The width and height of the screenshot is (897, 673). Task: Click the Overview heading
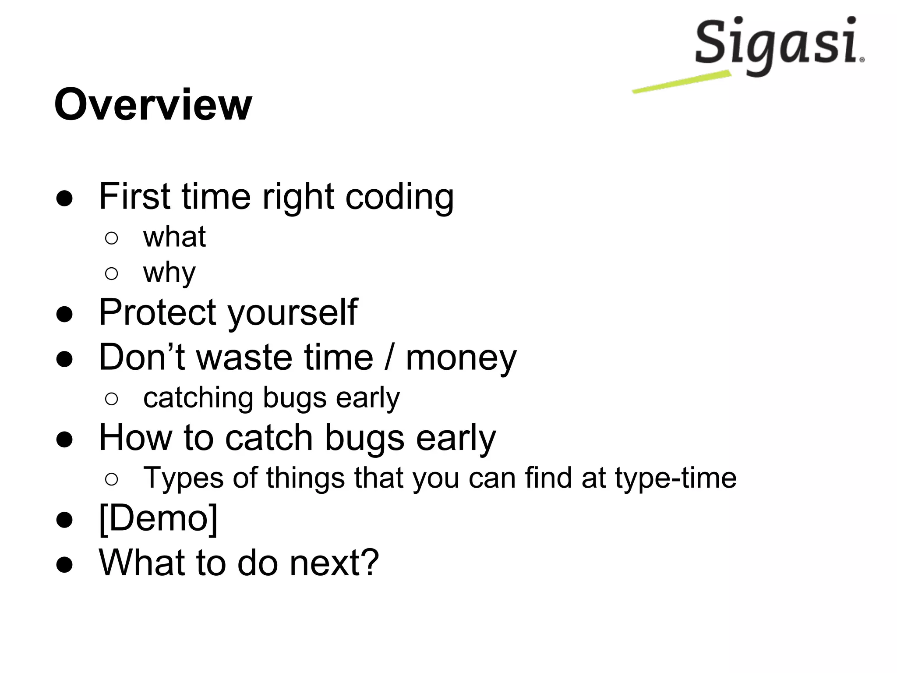[153, 105]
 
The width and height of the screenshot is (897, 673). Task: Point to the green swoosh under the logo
[682, 82]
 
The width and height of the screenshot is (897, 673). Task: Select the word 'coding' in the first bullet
[399, 197]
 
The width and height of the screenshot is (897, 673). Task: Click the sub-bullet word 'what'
[174, 237]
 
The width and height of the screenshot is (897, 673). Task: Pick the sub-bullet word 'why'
[169, 273]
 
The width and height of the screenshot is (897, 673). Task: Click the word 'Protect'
[158, 312]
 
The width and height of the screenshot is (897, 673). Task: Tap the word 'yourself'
[293, 313]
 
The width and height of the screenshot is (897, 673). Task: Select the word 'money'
[461, 358]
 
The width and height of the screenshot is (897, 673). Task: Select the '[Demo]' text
[158, 518]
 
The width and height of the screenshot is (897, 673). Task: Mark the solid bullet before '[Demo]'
[64, 520]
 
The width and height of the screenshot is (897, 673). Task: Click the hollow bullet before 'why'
[112, 274]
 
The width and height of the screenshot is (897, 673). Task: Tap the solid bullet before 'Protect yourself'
[64, 314]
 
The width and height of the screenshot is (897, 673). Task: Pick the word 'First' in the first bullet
[134, 196]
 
